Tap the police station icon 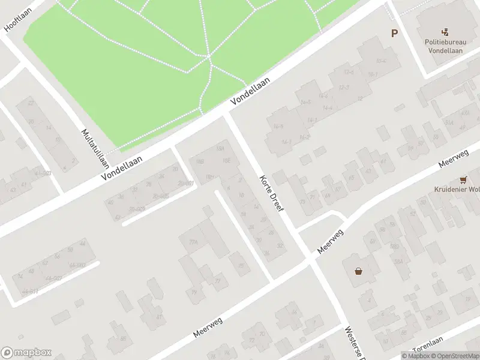(x=445, y=32)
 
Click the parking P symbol (x=394, y=34)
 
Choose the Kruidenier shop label (x=457, y=190)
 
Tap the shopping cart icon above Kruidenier (x=463, y=179)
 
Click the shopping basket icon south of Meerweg (x=358, y=271)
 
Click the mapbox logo (x=26, y=353)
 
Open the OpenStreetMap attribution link (x=455, y=356)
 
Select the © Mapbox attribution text (x=415, y=356)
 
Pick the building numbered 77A (x=193, y=242)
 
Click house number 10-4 (x=380, y=61)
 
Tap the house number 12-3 (x=344, y=88)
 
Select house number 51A (x=448, y=123)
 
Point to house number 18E (x=227, y=161)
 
